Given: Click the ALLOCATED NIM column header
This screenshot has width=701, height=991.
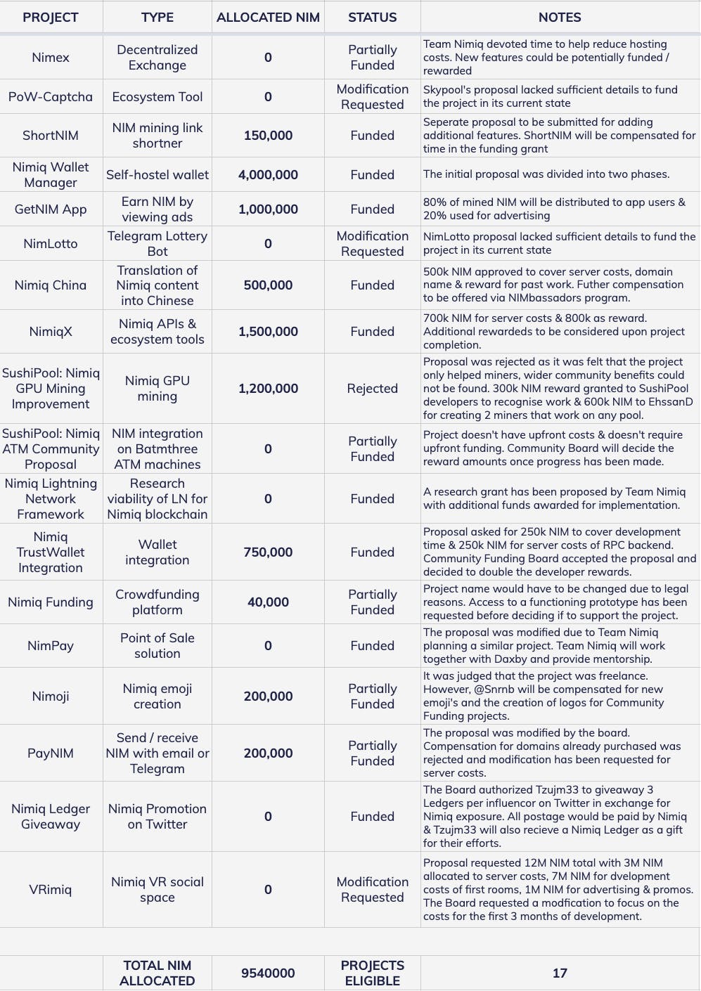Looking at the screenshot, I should click(x=268, y=18).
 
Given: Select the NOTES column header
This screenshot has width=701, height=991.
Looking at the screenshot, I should click(x=560, y=18).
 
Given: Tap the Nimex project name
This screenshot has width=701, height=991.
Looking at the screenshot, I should click(x=51, y=58).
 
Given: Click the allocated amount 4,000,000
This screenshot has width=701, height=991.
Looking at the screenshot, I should click(x=268, y=175).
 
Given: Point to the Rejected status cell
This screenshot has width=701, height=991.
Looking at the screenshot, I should click(x=372, y=389).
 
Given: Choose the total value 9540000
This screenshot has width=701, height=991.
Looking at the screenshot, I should click(x=268, y=973).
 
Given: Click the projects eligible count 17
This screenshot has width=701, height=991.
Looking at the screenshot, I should click(x=560, y=973).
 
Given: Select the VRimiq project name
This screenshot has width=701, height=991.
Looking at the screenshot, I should click(x=51, y=890).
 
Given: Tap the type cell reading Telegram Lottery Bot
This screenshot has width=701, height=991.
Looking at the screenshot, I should click(x=157, y=244).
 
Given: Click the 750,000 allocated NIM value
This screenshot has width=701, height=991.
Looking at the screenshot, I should click(x=268, y=552).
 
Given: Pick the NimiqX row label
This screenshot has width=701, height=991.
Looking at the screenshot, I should click(x=51, y=332).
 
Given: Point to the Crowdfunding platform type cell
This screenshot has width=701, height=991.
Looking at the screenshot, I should click(x=157, y=602).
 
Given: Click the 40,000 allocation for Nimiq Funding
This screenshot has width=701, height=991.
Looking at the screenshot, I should click(x=268, y=602).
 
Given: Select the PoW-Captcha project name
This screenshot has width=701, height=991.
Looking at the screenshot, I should click(x=51, y=97).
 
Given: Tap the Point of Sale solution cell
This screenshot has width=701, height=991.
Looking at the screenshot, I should click(x=157, y=646).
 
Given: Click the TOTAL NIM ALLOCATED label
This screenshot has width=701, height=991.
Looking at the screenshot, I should click(x=157, y=973).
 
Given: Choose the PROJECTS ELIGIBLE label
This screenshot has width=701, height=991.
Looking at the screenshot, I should click(x=372, y=973).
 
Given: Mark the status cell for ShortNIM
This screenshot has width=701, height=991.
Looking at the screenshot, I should click(x=372, y=136).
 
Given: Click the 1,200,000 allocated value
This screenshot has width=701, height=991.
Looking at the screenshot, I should click(x=268, y=389).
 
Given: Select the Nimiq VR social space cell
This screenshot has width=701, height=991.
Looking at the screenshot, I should click(x=157, y=890).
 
